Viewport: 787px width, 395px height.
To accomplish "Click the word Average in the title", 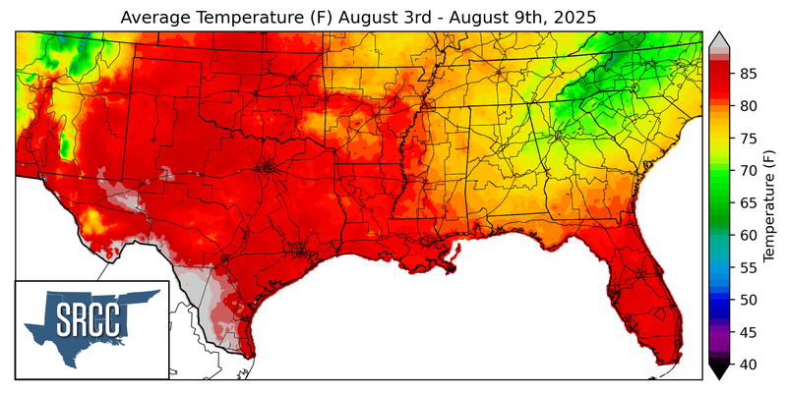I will pos(156,19).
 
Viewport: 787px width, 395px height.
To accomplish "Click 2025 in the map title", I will pos(575,19).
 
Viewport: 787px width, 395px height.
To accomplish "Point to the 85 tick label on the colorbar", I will pos(748,74).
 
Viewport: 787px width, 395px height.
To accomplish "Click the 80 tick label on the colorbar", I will pos(748,106).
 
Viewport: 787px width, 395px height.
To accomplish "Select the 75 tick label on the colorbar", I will pos(748,139).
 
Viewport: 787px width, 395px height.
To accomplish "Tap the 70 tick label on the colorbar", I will pos(748,171).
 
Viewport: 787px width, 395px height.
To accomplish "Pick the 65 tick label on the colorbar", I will pos(748,202).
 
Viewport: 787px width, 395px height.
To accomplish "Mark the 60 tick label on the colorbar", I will pos(748,235).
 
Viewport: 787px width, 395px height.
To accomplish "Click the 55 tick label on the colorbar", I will pos(748,267).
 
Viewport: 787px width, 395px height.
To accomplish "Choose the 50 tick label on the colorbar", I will pos(748,300).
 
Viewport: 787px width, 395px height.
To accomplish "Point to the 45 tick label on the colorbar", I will pos(748,332).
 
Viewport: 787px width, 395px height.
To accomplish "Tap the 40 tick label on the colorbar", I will pos(748,365).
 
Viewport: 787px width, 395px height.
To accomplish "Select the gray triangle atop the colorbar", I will pos(719,38).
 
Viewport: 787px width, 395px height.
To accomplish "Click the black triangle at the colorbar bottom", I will pos(719,371).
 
